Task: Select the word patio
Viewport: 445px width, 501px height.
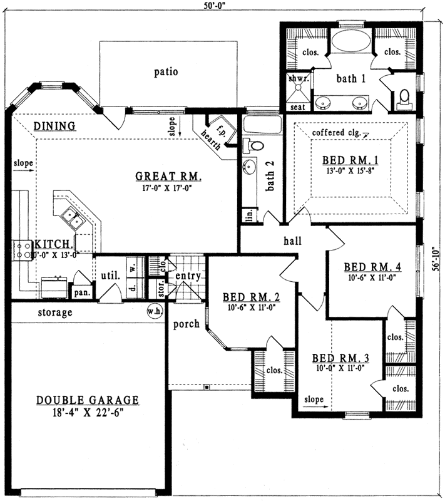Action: click(166, 72)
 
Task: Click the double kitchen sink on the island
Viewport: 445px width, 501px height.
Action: click(70, 219)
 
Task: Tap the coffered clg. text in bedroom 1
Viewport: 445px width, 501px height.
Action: click(335, 133)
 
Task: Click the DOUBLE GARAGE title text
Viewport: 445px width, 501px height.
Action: click(87, 400)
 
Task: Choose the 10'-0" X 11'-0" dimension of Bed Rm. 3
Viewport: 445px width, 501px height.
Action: click(340, 368)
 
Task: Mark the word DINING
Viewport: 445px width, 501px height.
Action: click(54, 126)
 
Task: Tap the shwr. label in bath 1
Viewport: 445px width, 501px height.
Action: click(296, 79)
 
